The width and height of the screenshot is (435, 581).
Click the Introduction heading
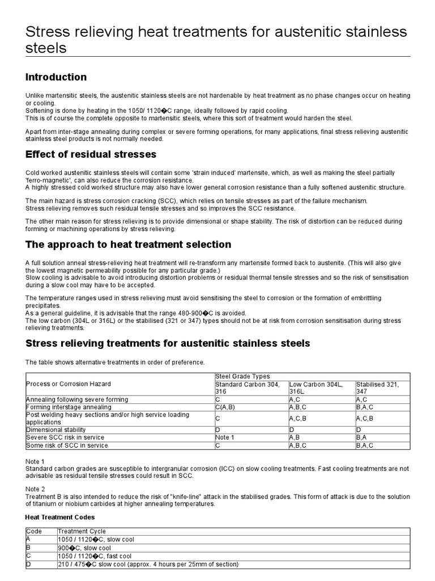56,77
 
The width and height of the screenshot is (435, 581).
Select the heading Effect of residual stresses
91,154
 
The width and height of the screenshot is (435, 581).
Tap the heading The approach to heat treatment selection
128,245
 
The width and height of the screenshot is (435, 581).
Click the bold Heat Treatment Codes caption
60,517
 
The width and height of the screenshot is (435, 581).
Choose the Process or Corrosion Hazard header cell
68,384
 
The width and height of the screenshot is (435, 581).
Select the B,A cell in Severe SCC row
363,438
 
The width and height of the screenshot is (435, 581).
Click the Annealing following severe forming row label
77,399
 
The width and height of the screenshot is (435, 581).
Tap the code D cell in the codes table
28,564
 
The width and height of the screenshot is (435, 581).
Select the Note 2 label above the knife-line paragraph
35,489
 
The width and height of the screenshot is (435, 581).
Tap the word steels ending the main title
46,48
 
